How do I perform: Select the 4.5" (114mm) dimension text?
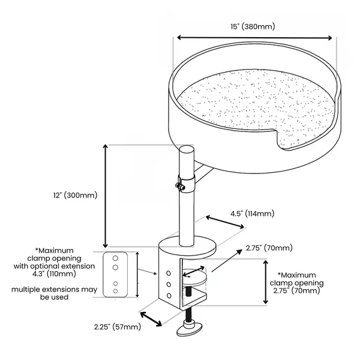[x=252, y=214]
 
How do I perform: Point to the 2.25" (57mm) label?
[x=118, y=327]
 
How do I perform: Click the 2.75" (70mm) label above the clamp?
[x=269, y=248]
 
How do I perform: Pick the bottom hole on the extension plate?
[x=116, y=291]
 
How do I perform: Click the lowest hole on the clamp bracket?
[x=169, y=296]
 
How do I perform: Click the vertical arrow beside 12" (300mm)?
[x=106, y=196]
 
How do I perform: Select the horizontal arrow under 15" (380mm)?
[x=253, y=38]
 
